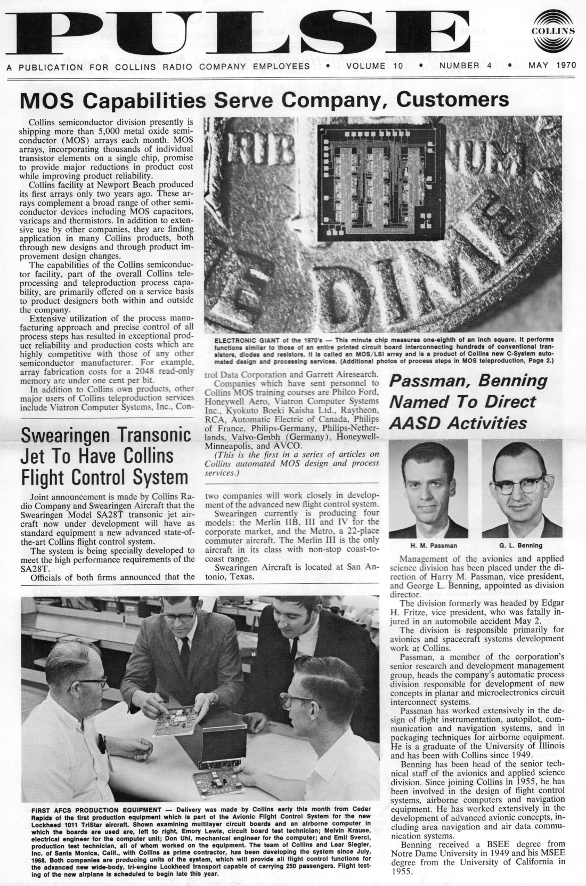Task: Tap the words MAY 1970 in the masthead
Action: coord(549,66)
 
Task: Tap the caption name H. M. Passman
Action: coord(433,545)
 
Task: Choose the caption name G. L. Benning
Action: coord(520,545)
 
